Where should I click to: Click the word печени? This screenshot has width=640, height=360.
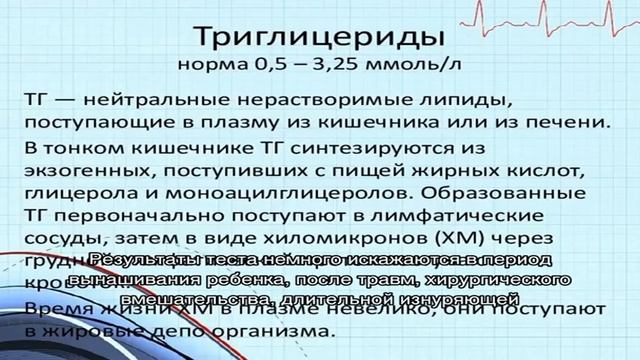566,123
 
